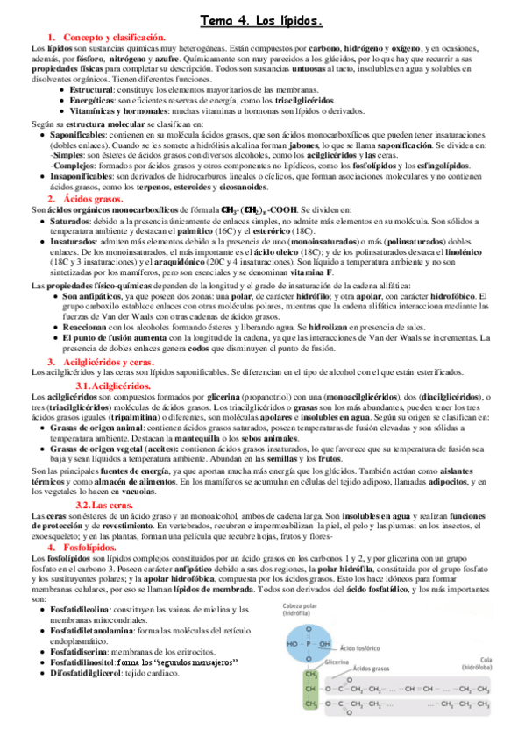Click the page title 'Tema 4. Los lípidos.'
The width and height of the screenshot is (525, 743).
[262, 18]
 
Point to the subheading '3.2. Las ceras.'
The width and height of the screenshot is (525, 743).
[103, 506]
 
